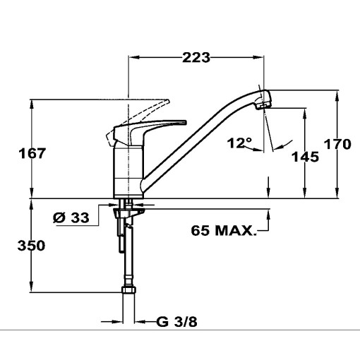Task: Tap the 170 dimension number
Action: click(x=337, y=145)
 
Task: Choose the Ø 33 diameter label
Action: click(x=71, y=218)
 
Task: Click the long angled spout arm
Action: click(x=201, y=134)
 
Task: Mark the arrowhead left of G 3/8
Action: click(x=116, y=322)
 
